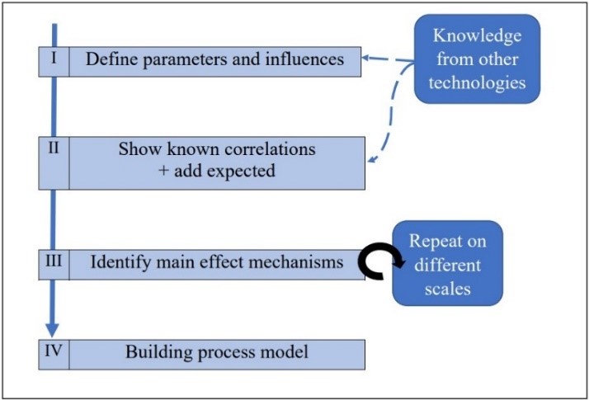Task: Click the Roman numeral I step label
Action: [x=52, y=60]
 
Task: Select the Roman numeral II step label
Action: [x=53, y=148]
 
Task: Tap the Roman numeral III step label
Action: [x=54, y=262]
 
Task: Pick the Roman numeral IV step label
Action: [x=54, y=352]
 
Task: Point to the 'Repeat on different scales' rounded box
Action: [x=446, y=263]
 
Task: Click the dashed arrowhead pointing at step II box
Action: [x=370, y=162]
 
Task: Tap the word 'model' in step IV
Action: [x=285, y=353]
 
